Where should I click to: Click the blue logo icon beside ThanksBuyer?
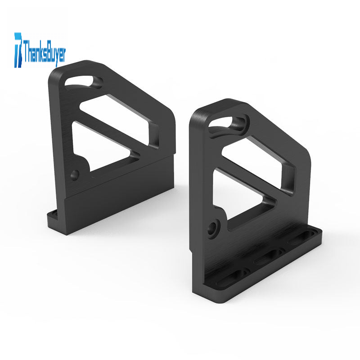tap(18, 50)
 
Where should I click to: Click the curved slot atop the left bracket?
tap(83, 82)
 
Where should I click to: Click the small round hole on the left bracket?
tap(75, 175)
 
